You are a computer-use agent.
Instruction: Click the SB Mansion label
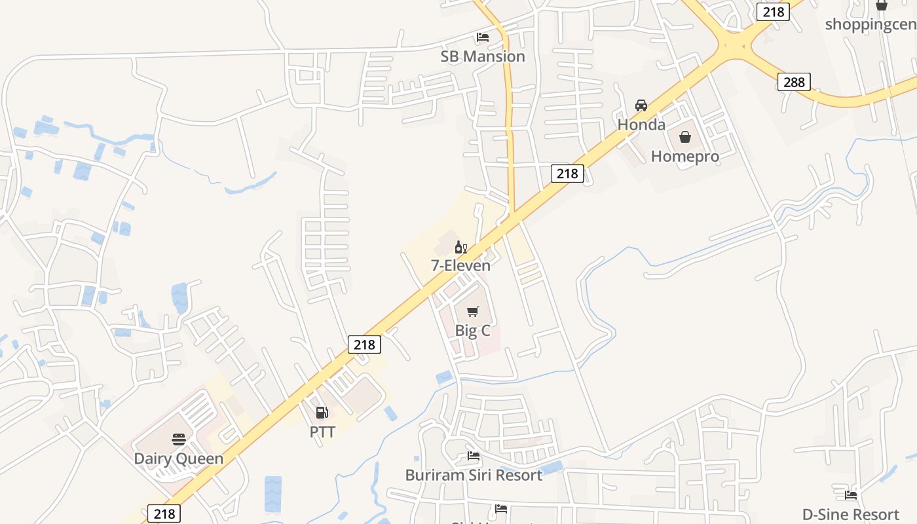tap(483, 56)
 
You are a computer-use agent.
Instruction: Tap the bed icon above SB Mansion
tap(483, 37)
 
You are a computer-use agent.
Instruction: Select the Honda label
tap(641, 124)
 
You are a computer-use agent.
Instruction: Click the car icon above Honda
tap(641, 105)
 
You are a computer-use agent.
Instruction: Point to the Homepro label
tap(684, 157)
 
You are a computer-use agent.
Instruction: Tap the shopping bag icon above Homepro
tap(685, 137)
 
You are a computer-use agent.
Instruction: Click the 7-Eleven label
tap(460, 265)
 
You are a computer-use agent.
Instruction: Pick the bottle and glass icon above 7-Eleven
tap(460, 247)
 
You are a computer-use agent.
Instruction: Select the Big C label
tap(472, 331)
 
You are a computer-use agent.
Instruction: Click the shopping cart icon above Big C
tap(473, 311)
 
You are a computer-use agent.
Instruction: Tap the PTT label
tap(322, 432)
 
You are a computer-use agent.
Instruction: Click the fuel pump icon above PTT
tap(322, 413)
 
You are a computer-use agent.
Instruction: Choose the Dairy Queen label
tap(178, 458)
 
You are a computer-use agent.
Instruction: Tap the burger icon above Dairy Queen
tap(179, 439)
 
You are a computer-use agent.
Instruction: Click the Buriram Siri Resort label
tap(474, 475)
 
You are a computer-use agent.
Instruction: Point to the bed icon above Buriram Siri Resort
tap(474, 456)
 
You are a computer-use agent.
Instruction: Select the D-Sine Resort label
tap(851, 514)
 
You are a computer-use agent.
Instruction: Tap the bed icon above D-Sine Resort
tap(851, 495)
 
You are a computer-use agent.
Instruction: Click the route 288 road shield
tap(795, 82)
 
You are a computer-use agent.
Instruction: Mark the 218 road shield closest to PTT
tap(364, 345)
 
